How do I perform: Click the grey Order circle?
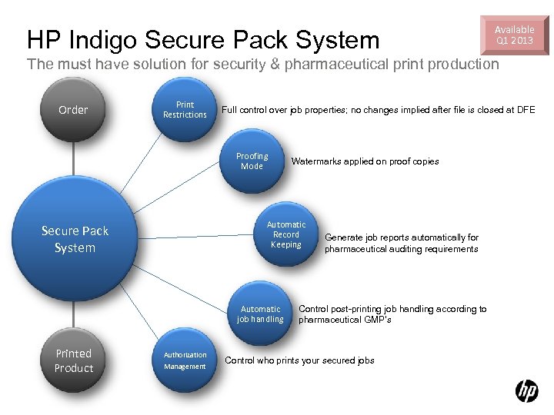pos(74,110)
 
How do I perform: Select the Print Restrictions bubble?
pos(185,110)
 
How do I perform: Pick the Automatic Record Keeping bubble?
pos(285,234)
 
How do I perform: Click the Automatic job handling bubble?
pos(260,314)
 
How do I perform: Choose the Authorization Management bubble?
pos(185,360)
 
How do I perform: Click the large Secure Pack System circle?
pos(75,239)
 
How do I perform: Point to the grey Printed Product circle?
pos(74,361)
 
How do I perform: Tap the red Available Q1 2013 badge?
pos(514,35)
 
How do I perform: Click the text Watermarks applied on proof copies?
pos(365,161)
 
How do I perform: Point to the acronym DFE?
pos(526,110)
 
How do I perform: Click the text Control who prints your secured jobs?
pos(299,360)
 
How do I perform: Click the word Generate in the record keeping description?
pos(344,237)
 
